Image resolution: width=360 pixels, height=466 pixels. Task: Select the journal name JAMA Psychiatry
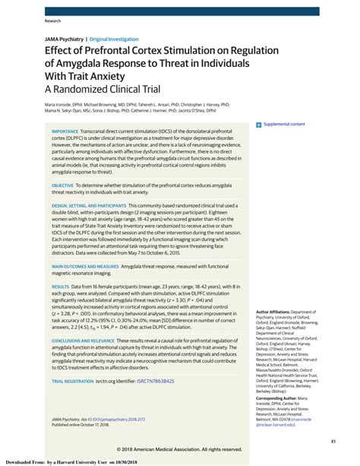tap(64, 39)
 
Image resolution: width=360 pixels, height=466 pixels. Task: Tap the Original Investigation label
tap(115, 39)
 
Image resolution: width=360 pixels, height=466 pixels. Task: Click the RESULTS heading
tap(61, 285)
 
